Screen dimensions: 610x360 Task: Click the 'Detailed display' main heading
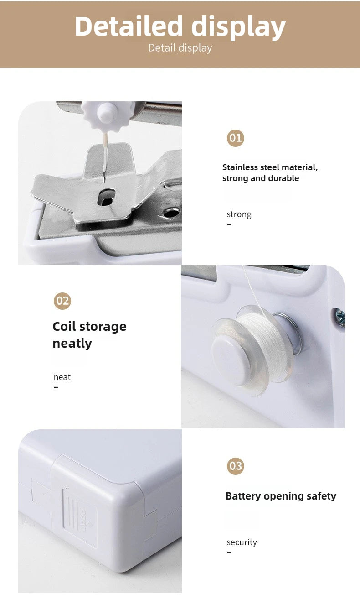click(x=180, y=26)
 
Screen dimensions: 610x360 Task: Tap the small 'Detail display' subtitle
click(x=180, y=48)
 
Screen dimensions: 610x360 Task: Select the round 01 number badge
click(x=236, y=138)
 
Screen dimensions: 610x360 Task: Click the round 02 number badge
click(x=62, y=301)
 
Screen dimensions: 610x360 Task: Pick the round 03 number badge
click(x=236, y=466)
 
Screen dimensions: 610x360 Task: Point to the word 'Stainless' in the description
click(x=240, y=167)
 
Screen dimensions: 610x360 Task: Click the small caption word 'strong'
click(x=239, y=214)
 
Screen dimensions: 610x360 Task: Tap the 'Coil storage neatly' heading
click(x=89, y=335)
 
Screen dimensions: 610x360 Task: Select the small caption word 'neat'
click(x=62, y=377)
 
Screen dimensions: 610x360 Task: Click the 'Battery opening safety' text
click(x=281, y=496)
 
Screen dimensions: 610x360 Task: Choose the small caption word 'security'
click(x=242, y=542)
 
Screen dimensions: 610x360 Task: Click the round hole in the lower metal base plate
click(x=171, y=213)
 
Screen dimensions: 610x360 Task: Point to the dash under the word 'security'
click(x=229, y=553)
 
